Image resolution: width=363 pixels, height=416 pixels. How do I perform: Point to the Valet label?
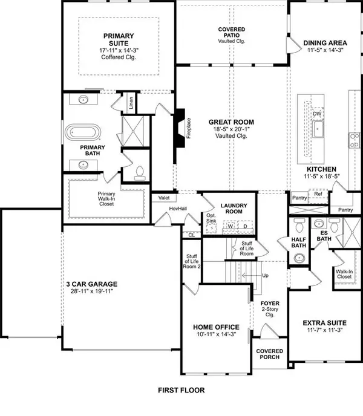(x=163, y=198)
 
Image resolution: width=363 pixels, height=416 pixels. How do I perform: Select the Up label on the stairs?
(x=264, y=276)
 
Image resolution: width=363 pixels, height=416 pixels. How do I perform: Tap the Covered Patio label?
(x=232, y=33)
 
